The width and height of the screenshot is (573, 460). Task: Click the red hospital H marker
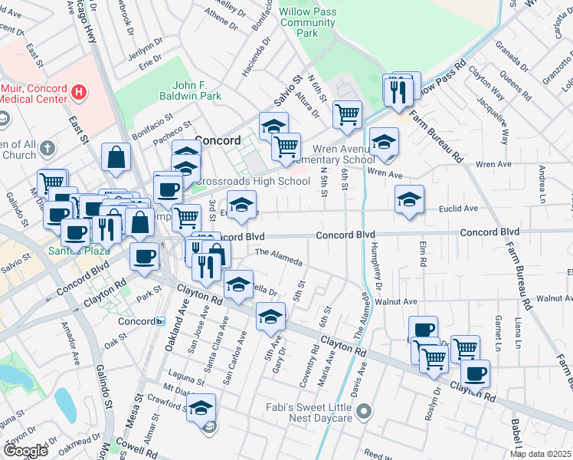77,93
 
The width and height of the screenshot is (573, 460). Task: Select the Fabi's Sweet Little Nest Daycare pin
365,412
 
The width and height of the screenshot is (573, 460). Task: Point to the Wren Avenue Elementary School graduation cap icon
384,141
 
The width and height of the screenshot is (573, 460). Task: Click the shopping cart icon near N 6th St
348,114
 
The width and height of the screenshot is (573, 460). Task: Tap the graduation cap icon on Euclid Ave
409,199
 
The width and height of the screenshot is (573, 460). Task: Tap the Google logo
26,450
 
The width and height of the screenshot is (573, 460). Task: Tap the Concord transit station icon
160,321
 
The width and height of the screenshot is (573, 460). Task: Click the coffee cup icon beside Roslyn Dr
475,373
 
